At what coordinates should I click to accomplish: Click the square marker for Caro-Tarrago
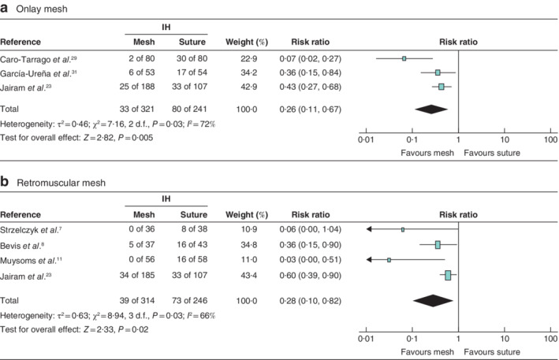click(x=404, y=58)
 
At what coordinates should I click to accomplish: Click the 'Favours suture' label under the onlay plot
click(x=492, y=152)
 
